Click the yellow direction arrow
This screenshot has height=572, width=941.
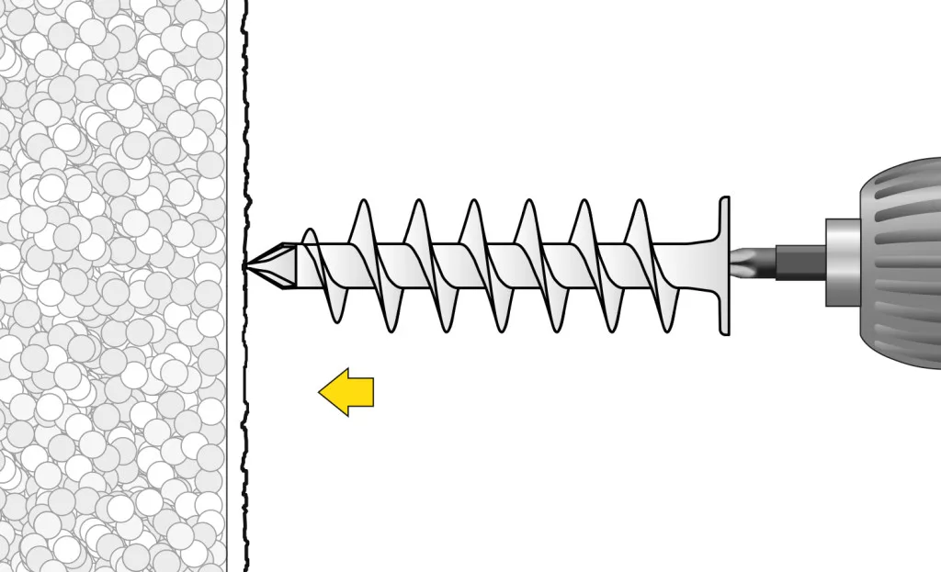click(x=347, y=392)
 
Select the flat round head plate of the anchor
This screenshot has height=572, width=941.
click(x=723, y=265)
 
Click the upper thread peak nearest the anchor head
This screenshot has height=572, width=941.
click(x=639, y=203)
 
